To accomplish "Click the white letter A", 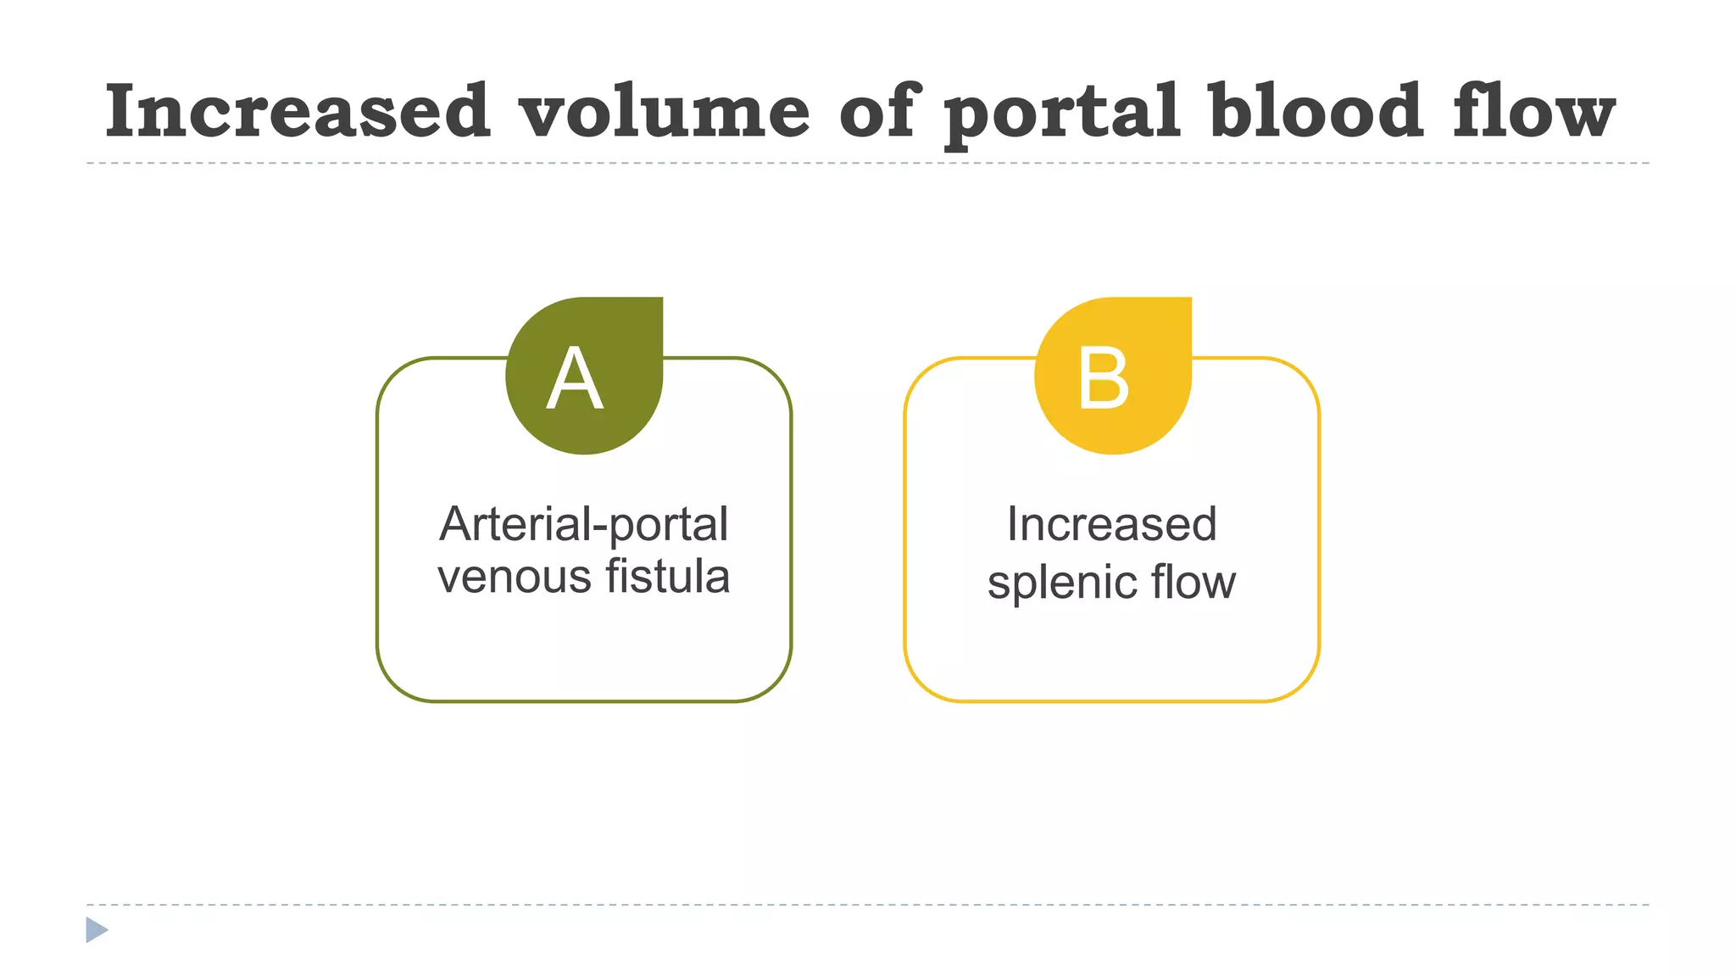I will (575, 378).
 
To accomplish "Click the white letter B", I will (1104, 378).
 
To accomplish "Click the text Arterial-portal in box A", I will (583, 525).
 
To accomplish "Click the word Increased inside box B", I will (1111, 524).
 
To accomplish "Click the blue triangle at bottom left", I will (96, 930).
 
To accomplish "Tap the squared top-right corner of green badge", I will (655, 304).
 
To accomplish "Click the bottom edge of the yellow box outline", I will (1111, 701).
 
